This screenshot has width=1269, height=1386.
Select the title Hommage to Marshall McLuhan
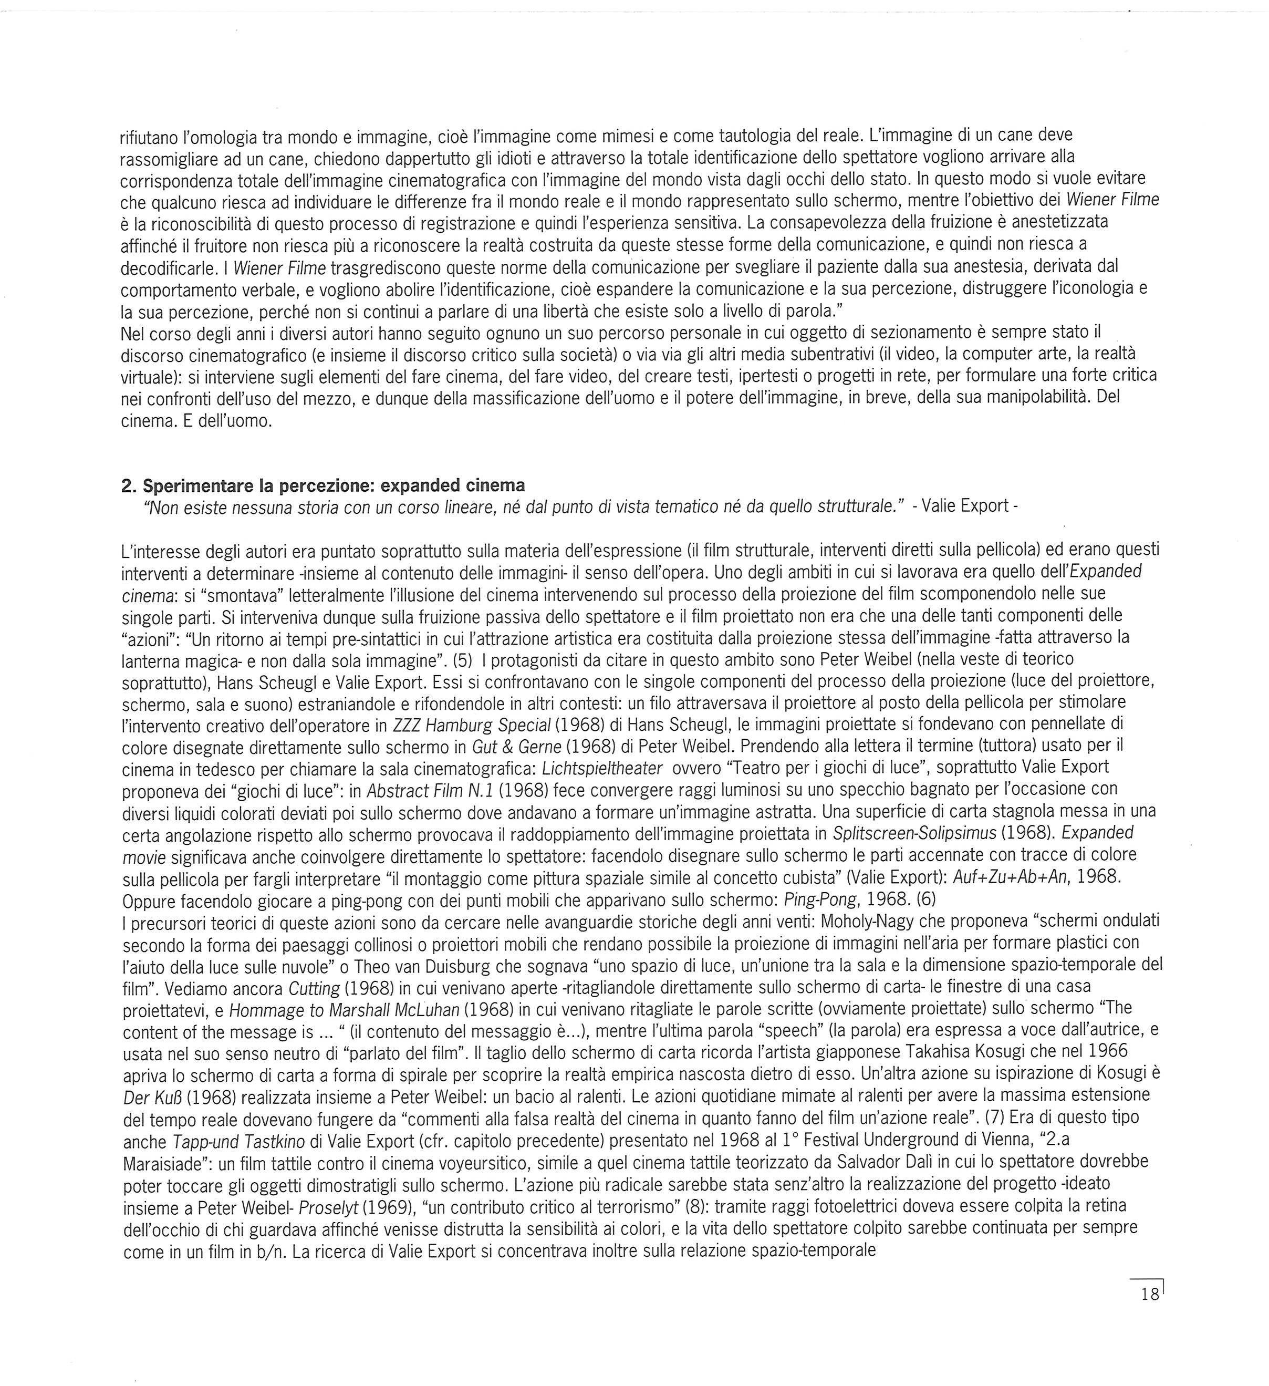(348, 1008)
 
